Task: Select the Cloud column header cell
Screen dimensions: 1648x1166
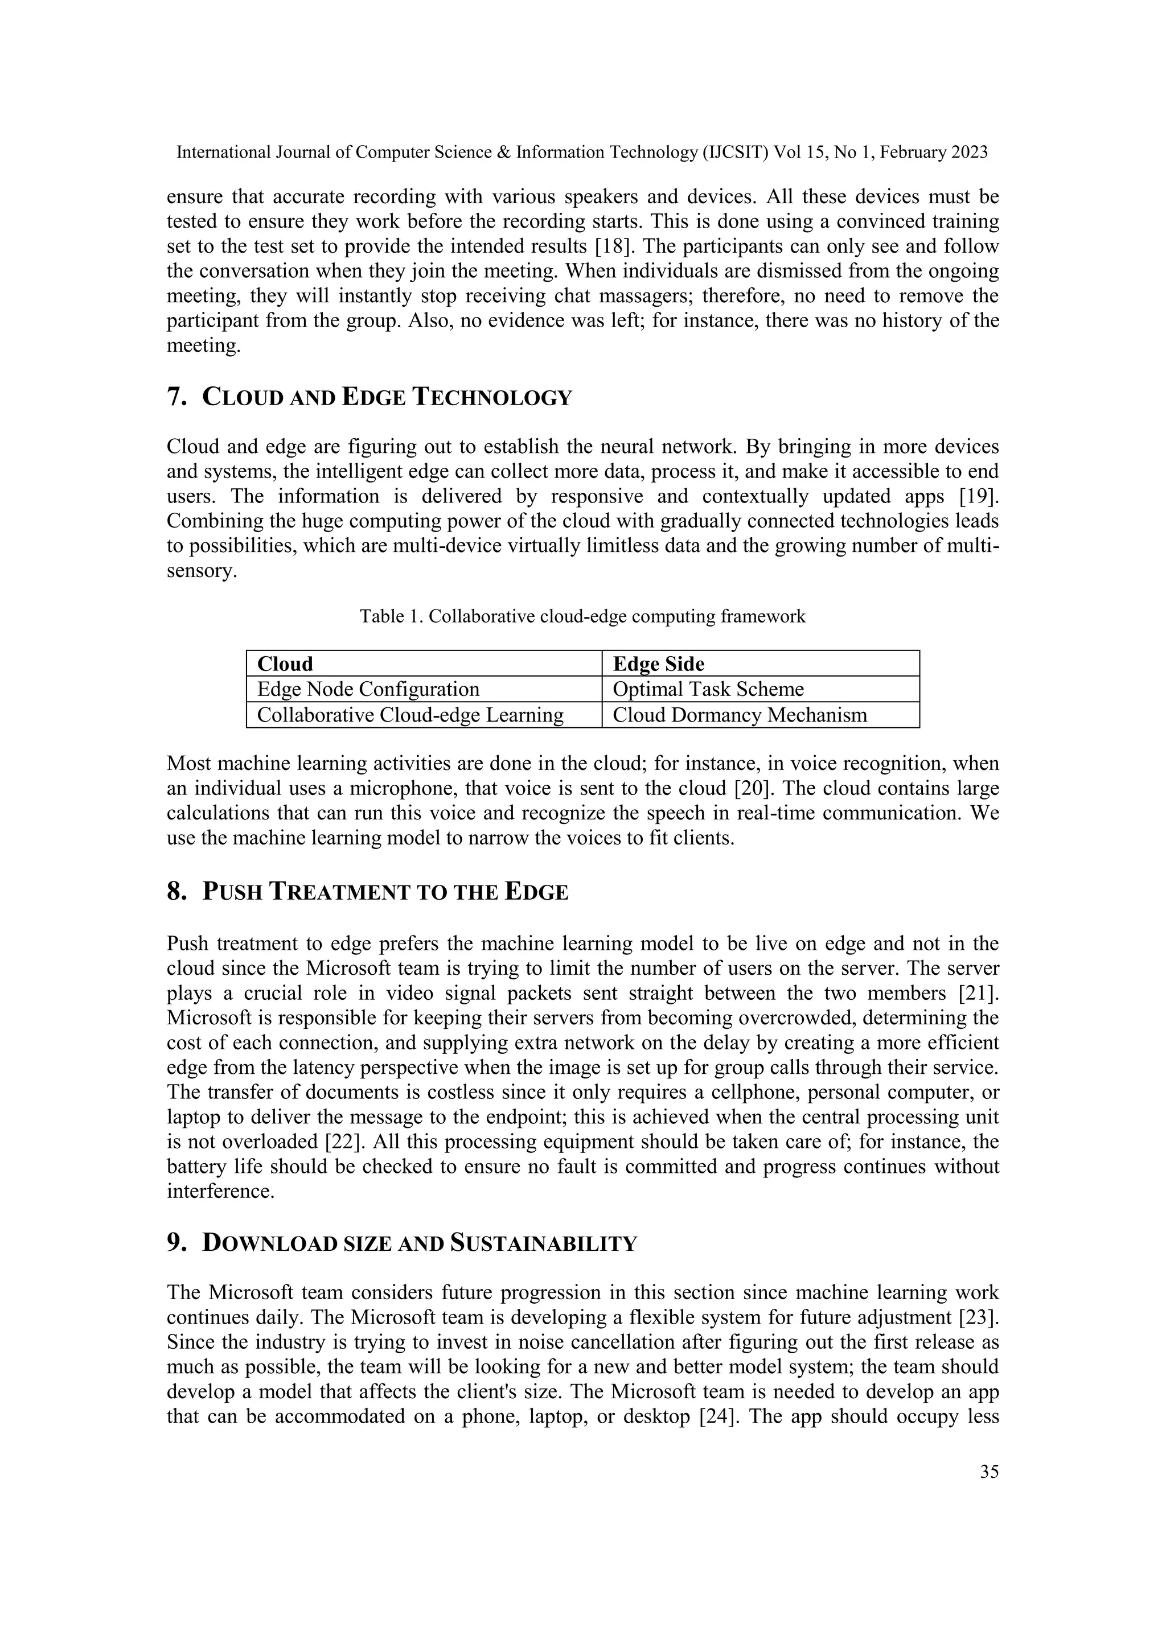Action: (424, 663)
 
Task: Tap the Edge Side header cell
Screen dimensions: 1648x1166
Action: (759, 663)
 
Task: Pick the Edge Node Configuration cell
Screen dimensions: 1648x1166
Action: (424, 689)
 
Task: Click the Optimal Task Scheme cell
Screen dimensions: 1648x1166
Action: (759, 689)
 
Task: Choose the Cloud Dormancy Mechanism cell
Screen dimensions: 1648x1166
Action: (759, 715)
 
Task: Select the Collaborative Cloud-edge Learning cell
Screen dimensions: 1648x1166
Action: (424, 715)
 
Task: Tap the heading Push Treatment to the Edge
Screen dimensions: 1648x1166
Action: (368, 892)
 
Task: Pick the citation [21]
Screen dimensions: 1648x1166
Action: (979, 994)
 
